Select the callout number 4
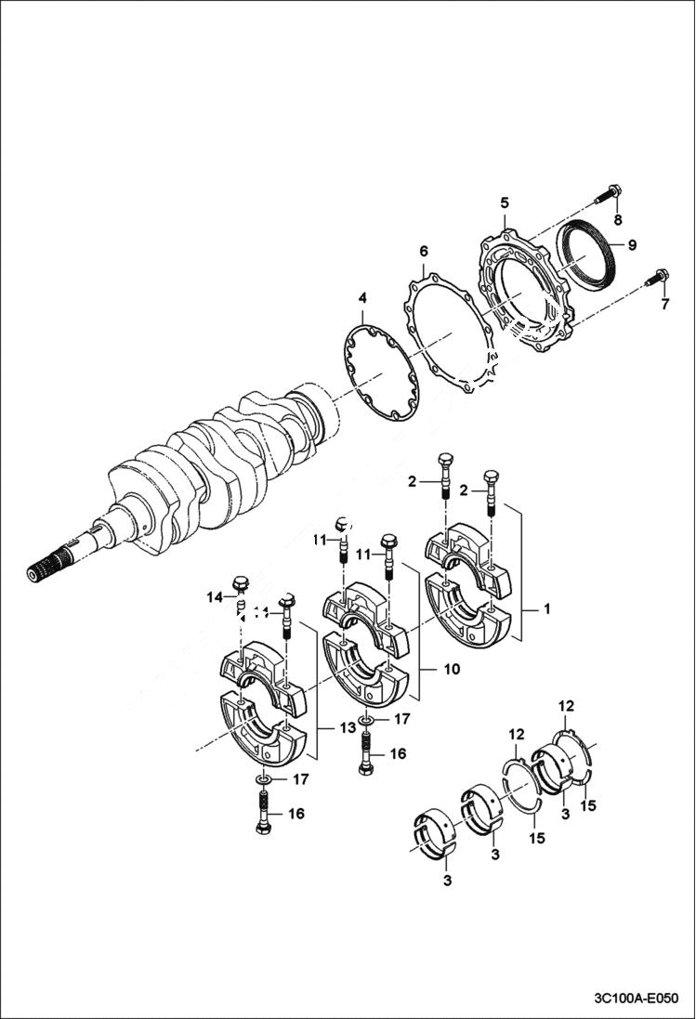click(x=362, y=298)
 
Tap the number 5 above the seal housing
click(x=505, y=202)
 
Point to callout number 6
click(x=424, y=252)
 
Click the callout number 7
click(x=664, y=304)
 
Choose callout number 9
click(x=631, y=245)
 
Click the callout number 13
click(x=346, y=728)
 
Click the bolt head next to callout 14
click(x=242, y=585)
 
